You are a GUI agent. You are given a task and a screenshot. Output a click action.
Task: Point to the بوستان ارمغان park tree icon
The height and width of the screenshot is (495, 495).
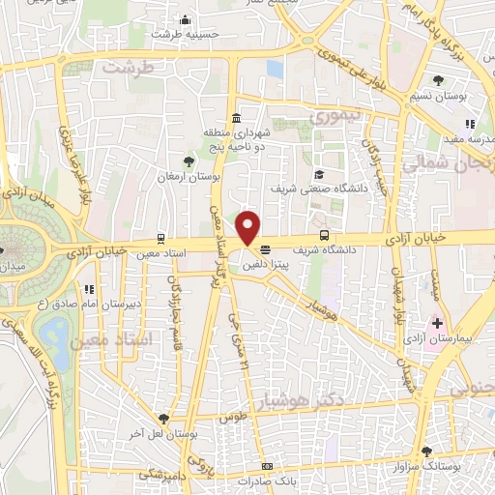point(189,161)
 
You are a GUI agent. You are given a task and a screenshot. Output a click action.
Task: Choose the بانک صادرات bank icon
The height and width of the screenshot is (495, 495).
point(267,467)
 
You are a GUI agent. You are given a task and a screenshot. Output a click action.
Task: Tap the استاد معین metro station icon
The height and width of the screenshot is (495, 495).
point(160,238)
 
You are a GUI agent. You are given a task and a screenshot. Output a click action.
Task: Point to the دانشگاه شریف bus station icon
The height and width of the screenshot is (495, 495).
point(323,236)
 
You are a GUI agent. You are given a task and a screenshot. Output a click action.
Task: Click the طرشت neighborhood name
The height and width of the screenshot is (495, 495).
point(131,71)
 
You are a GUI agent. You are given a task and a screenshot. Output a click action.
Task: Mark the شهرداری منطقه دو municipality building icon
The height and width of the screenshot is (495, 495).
point(236,118)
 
